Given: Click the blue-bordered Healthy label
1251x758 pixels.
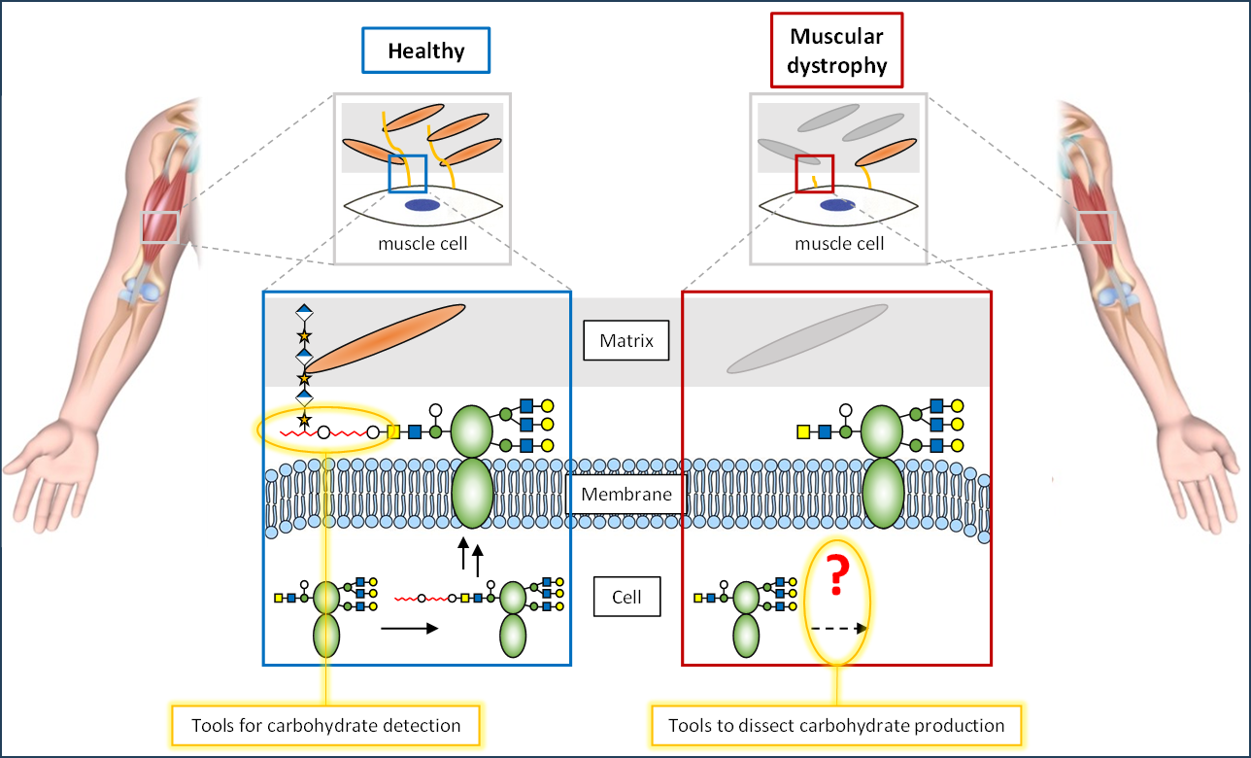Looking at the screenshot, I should (425, 51).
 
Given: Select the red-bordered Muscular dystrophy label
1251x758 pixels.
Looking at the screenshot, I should (837, 52).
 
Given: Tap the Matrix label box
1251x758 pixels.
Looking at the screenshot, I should (625, 342).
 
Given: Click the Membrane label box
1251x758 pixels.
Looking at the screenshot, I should (625, 495).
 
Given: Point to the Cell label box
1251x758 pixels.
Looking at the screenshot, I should (626, 597).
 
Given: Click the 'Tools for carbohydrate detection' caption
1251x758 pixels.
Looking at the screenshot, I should (326, 725).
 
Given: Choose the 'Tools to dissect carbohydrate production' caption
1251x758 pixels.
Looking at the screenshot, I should (836, 725).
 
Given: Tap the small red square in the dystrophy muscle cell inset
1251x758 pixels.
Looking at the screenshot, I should (814, 174).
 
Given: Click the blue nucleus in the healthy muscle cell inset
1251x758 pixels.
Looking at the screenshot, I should (421, 205).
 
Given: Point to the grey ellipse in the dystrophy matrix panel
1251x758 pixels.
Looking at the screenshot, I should (807, 339).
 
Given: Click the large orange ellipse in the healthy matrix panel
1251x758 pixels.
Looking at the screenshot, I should (385, 338).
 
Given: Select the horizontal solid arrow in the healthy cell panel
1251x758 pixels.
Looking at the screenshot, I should (408, 629).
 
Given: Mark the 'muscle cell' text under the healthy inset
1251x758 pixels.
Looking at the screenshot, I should (423, 243).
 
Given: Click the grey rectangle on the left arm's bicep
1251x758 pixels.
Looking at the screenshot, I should (159, 226).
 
